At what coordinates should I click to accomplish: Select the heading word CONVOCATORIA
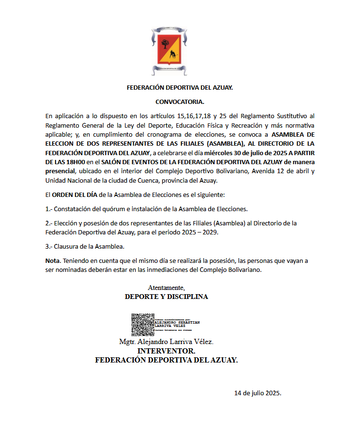tap(180, 102)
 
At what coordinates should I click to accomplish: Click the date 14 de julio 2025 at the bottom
tap(258, 393)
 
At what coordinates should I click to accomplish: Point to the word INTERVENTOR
tap(166, 351)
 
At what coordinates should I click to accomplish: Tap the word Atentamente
tap(166, 288)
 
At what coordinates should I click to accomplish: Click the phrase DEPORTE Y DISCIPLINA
tap(166, 297)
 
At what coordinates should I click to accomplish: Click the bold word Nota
tap(52, 261)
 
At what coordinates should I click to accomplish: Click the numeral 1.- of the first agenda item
tap(48, 209)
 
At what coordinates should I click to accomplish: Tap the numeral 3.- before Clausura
tap(48, 246)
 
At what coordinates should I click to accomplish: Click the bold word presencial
tap(60, 171)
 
